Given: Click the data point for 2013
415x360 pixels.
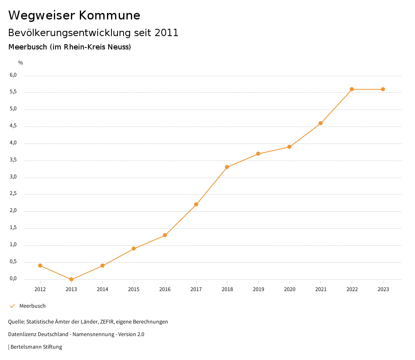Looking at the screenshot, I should [71, 279].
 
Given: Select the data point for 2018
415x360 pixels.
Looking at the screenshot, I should [227, 167].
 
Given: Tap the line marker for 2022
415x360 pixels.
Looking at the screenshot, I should [352, 89].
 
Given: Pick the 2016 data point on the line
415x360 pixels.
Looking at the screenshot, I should [165, 235].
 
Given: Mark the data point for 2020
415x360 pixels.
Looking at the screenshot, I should [289, 147].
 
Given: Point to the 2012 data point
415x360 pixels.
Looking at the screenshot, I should [40, 266].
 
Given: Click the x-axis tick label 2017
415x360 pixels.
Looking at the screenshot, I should [196, 289].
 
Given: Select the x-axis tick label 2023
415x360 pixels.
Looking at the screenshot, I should [383, 289].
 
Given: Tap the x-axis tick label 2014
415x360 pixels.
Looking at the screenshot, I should [103, 289].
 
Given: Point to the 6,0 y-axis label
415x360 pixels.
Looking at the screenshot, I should [13, 75].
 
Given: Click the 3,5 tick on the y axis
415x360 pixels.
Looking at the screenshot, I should [13, 160].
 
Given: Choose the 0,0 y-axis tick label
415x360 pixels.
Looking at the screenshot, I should [13, 279].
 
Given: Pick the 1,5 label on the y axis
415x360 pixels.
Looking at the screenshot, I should [13, 228].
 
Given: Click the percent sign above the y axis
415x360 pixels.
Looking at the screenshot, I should [21, 63].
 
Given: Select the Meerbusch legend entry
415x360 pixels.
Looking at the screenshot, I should [32, 306].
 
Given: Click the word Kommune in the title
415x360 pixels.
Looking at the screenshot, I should [109, 15].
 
